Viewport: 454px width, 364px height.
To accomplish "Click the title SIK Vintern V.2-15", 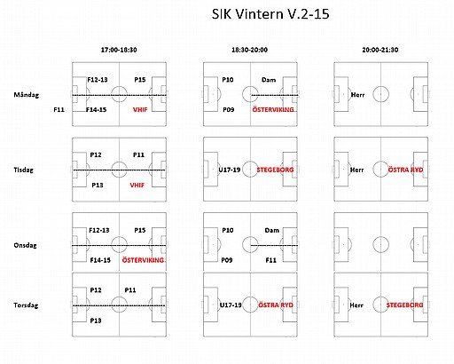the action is click(x=270, y=14).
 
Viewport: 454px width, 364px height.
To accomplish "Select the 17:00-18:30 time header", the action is click(x=119, y=50).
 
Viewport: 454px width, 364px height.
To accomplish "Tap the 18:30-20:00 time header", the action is click(x=249, y=50).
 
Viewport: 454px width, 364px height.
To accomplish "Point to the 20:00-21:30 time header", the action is click(x=380, y=50).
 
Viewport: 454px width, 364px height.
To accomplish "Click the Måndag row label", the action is click(x=27, y=95).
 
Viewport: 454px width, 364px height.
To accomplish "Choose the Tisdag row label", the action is click(x=23, y=170).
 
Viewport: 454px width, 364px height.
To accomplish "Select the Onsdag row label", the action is click(x=25, y=245).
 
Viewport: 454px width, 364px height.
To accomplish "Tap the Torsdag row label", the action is click(x=26, y=305).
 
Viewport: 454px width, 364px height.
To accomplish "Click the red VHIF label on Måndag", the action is click(x=140, y=110).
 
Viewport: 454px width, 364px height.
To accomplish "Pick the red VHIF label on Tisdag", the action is click(x=137, y=186).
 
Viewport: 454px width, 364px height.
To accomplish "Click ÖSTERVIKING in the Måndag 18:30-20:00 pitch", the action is click(x=273, y=109).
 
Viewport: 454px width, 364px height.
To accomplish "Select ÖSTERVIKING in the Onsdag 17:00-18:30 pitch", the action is click(x=143, y=260).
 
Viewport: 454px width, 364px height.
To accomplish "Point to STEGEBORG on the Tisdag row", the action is click(x=275, y=170).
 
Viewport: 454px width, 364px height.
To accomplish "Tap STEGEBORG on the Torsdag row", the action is click(x=404, y=305).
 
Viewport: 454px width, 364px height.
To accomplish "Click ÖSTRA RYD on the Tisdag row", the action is click(x=405, y=170).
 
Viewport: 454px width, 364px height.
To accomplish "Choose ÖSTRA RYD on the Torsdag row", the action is click(x=276, y=305).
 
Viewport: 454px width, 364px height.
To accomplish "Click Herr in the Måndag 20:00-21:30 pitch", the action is click(x=357, y=95).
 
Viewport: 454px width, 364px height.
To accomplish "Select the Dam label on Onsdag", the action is click(x=271, y=230).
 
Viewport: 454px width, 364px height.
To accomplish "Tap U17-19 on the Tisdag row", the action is click(x=230, y=170).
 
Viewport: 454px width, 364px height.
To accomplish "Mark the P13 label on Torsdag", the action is click(x=96, y=320).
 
